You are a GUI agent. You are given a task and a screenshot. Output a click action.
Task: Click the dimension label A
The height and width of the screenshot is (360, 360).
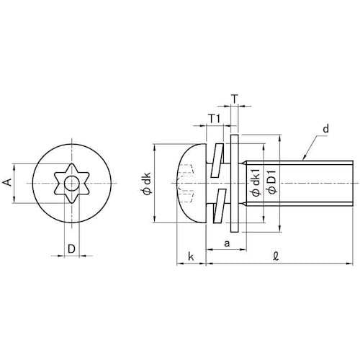point(8,183)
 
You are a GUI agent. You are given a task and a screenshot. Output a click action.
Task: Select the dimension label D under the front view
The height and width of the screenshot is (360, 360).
point(71,249)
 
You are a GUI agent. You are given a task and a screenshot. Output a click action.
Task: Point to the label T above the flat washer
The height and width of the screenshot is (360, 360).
point(235,99)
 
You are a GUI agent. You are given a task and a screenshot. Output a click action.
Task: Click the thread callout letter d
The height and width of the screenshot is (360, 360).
point(325,129)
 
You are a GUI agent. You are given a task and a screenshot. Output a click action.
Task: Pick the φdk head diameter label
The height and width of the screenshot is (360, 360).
point(147,183)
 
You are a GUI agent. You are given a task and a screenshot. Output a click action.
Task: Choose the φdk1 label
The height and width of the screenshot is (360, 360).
point(256,182)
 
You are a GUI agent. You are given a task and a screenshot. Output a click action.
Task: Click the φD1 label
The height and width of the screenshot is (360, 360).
point(272,182)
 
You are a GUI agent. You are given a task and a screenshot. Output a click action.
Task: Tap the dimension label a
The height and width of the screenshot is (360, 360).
point(227,243)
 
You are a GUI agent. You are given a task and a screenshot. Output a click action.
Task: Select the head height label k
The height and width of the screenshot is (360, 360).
point(191,256)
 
